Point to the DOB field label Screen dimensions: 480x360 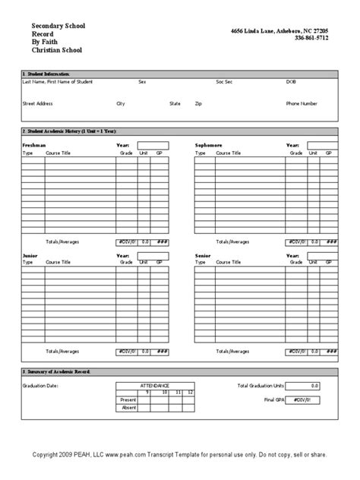tap(291, 81)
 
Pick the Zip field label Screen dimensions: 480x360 tap(198, 102)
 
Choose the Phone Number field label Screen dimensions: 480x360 tap(302, 102)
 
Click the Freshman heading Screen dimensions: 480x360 tap(33, 144)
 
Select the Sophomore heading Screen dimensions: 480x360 tap(209, 144)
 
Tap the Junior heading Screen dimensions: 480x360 tap(30, 257)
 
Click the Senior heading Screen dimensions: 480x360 tap(203, 257)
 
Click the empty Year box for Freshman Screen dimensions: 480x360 tap(153, 144)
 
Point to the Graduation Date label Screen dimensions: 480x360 tap(40, 386)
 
